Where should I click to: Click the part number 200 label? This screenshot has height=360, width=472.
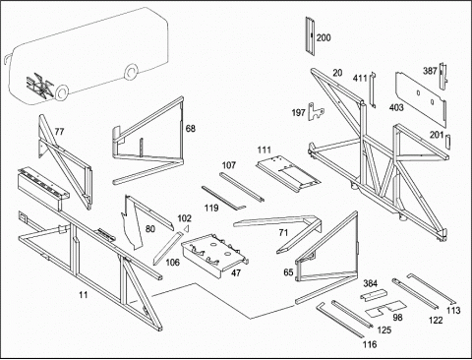[324, 37]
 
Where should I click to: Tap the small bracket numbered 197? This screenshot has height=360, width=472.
[316, 112]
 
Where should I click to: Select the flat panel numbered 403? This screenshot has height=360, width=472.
[421, 98]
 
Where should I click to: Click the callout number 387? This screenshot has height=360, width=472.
[430, 71]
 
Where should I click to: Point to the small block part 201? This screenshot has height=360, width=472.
[448, 142]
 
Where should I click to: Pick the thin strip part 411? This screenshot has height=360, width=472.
[373, 90]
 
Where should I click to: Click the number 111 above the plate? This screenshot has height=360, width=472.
[264, 150]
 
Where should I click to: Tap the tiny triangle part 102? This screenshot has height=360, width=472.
[187, 228]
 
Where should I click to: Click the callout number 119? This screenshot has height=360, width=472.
[211, 208]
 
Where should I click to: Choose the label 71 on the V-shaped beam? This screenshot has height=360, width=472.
[283, 233]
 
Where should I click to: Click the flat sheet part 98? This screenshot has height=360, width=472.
[386, 308]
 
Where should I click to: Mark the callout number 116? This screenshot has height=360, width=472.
[370, 344]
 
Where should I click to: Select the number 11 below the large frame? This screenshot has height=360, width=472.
[84, 295]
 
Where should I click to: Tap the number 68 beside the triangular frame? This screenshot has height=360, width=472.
[191, 129]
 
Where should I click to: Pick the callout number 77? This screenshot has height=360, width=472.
[59, 132]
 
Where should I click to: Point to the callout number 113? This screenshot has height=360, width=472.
[453, 310]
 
